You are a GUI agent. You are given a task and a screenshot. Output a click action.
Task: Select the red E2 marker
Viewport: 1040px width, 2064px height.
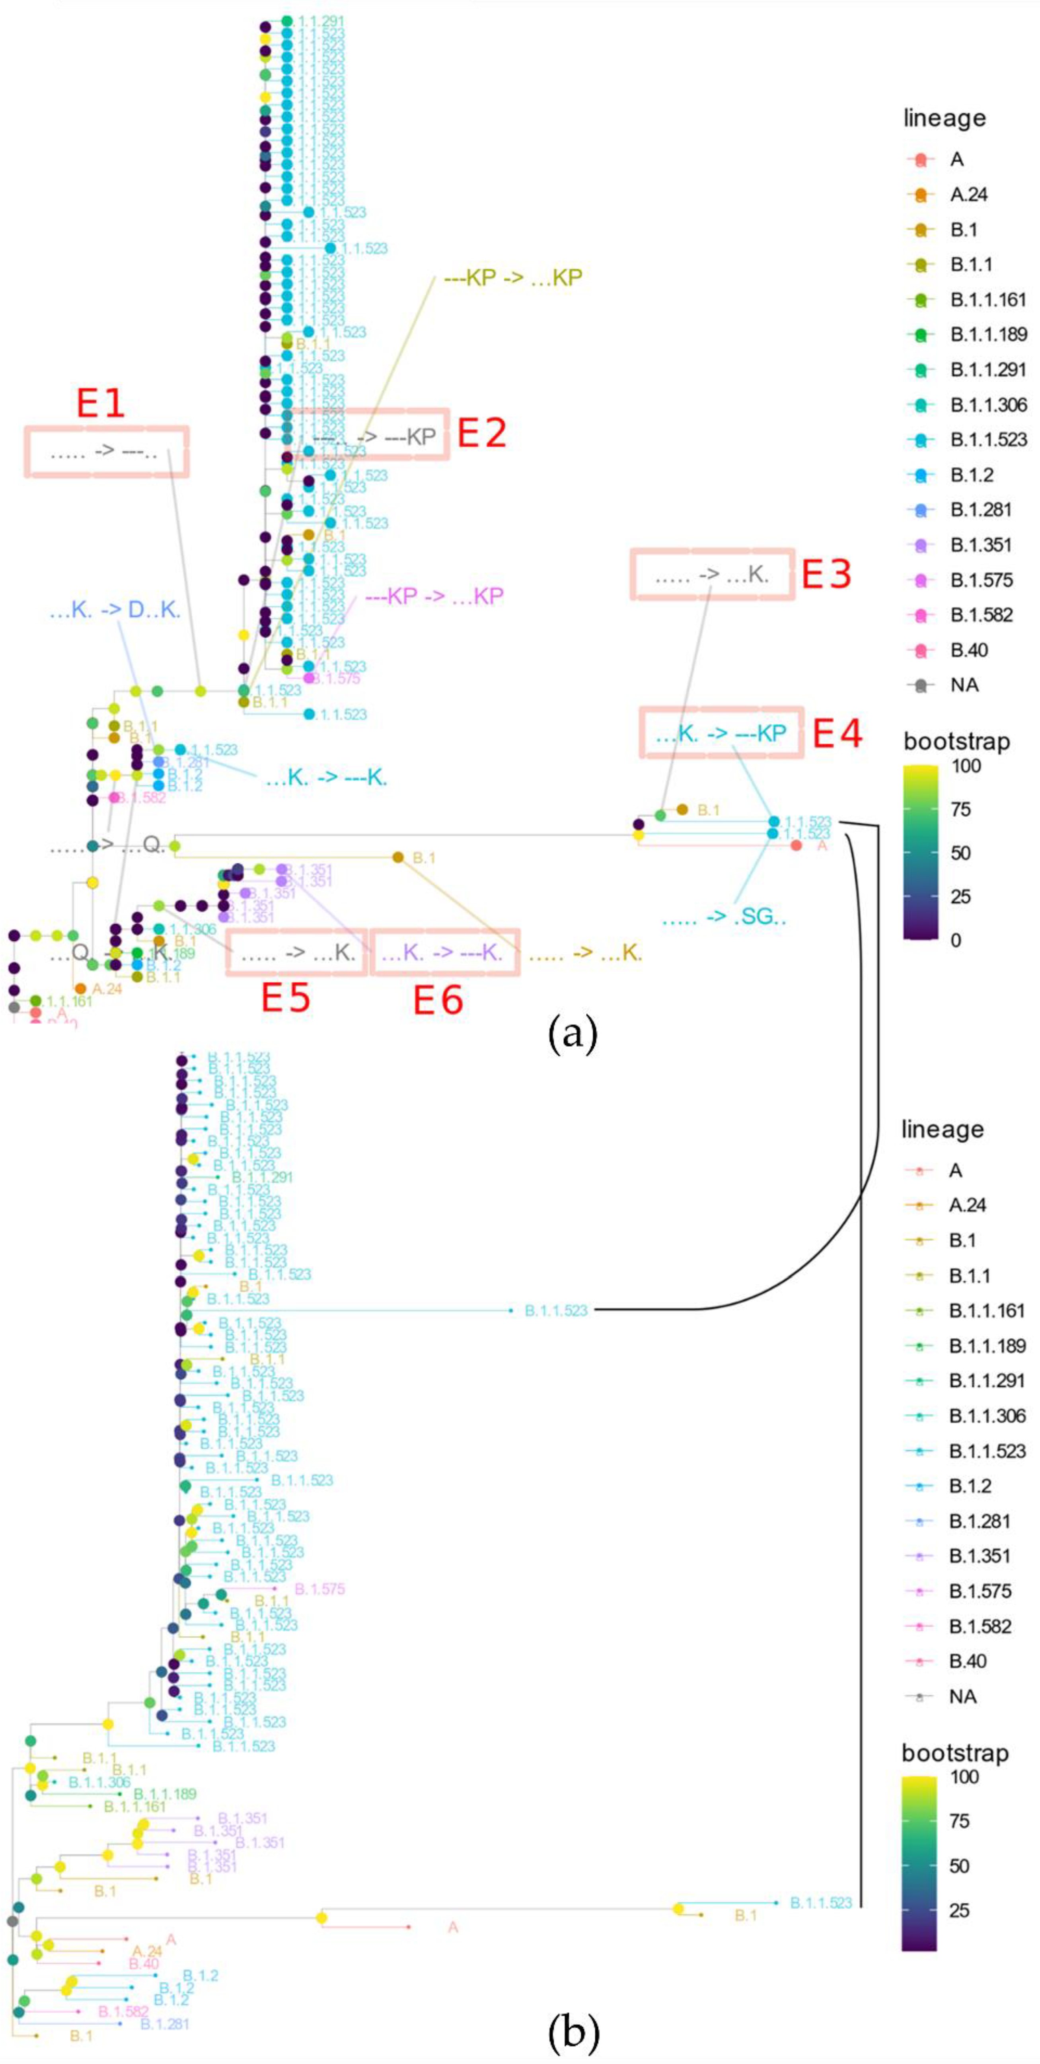pos(481,434)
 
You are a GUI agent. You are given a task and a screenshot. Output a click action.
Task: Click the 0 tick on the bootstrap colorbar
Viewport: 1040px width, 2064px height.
pos(955,940)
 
